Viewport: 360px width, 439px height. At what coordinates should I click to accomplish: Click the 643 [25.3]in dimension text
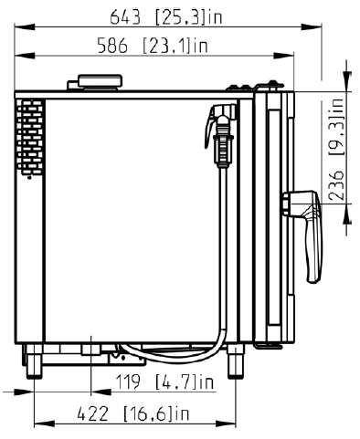pyautogui.click(x=166, y=17)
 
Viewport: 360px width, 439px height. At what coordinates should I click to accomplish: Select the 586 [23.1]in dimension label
pyautogui.click(x=153, y=46)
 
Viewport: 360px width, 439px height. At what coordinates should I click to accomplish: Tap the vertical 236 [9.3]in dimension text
pyautogui.click(x=336, y=149)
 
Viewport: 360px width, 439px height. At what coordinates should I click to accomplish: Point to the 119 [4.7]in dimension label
pyautogui.click(x=164, y=382)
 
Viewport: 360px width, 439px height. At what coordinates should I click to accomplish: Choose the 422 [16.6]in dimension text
pyautogui.click(x=133, y=413)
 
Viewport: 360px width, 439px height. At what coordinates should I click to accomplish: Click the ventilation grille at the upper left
pyautogui.click(x=29, y=137)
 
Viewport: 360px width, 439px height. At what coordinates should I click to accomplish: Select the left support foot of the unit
pyautogui.click(x=34, y=361)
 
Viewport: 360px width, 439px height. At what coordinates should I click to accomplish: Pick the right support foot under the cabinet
pyautogui.click(x=236, y=361)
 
